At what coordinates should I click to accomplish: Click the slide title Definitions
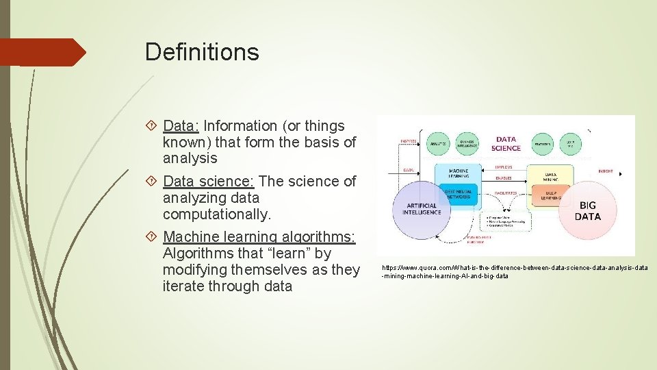[x=202, y=52]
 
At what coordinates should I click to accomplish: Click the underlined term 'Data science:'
[x=209, y=182]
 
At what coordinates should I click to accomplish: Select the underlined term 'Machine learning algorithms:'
[x=259, y=237]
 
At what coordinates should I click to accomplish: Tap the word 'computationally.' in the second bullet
[x=217, y=214]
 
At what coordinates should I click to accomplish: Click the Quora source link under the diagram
[x=514, y=271]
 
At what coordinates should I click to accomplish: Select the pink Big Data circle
[x=587, y=210]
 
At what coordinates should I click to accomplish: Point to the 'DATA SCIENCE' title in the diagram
[x=506, y=143]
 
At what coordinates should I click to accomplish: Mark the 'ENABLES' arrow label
[x=504, y=177]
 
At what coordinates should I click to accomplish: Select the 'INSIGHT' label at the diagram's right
[x=605, y=171]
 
